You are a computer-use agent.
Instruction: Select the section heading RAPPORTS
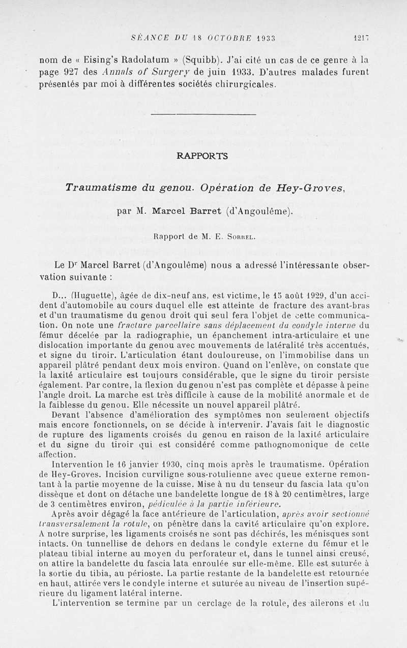(202, 156)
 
